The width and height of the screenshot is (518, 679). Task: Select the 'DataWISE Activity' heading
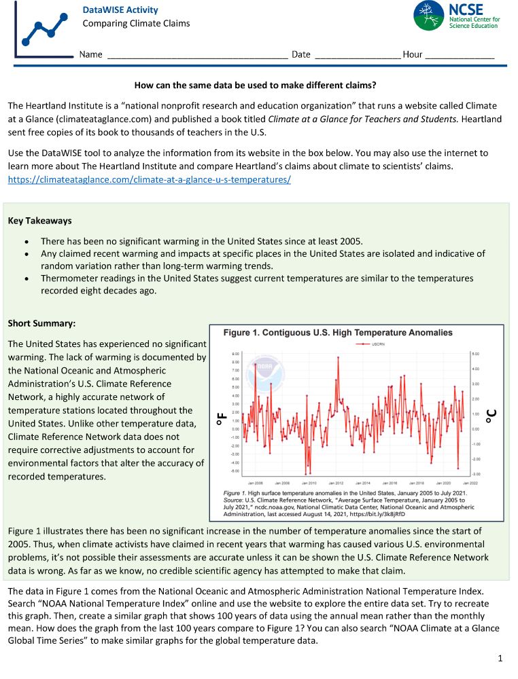(120, 10)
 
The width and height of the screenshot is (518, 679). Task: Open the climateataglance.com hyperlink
(150, 179)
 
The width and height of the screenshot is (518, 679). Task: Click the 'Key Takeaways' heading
(39, 221)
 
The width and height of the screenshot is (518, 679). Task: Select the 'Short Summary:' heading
(41, 323)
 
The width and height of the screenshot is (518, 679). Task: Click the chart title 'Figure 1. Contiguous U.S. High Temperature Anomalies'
(338, 333)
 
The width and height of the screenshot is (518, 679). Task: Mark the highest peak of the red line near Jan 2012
(338, 358)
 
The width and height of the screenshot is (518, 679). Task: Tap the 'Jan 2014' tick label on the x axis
(365, 482)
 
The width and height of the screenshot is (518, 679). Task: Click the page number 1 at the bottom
(500, 658)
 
